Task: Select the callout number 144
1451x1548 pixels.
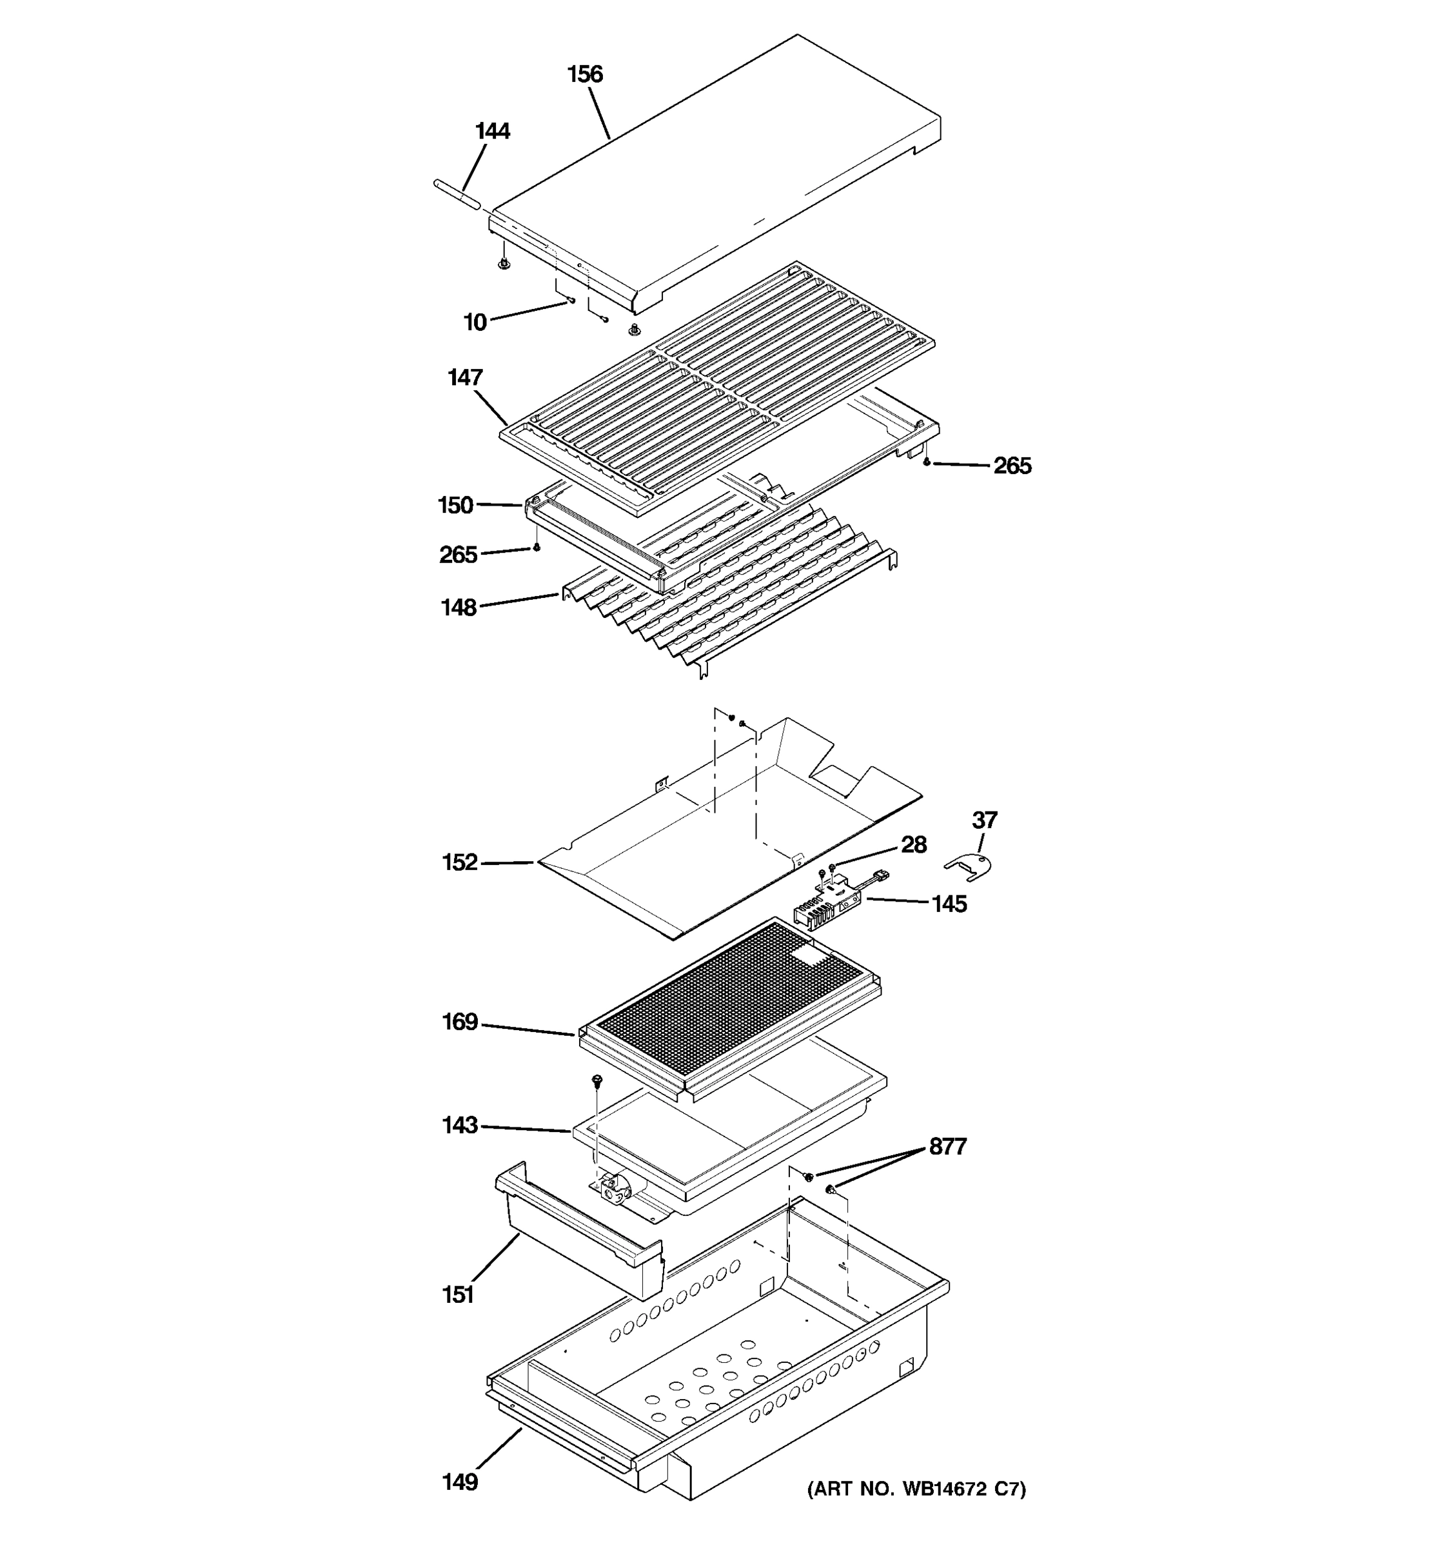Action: (492, 132)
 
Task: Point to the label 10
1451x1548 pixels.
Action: (475, 322)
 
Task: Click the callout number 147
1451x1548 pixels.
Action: (465, 379)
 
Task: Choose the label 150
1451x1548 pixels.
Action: (455, 506)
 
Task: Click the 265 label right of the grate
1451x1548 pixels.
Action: (1012, 466)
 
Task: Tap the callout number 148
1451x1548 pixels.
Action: (459, 608)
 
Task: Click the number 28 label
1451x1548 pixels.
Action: (914, 845)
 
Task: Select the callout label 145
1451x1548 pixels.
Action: (949, 904)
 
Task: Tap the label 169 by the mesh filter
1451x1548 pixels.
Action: (459, 1022)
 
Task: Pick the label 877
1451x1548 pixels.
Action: (947, 1147)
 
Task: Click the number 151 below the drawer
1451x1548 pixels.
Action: (458, 1295)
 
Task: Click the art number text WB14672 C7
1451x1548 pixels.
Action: (916, 1489)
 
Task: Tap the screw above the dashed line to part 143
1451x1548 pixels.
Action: (597, 1080)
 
